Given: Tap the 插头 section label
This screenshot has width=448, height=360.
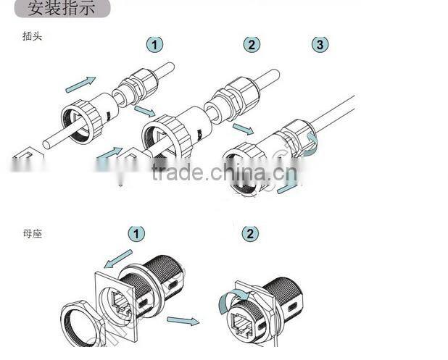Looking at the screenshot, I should pyautogui.click(x=33, y=35).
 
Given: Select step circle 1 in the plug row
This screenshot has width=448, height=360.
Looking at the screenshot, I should pyautogui.click(x=154, y=44).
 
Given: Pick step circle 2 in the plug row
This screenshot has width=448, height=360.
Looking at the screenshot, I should pyautogui.click(x=251, y=44).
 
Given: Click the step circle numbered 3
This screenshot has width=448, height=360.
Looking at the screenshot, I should pyautogui.click(x=320, y=44).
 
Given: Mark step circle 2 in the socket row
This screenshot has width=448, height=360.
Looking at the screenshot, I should pyautogui.click(x=250, y=234).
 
